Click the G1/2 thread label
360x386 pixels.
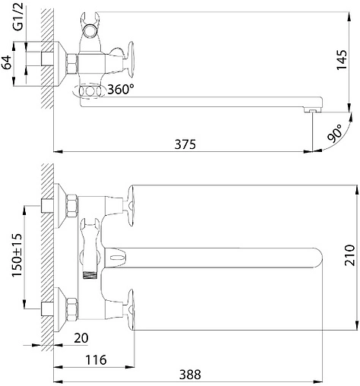[x=19, y=17]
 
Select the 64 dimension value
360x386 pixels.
[x=7, y=62]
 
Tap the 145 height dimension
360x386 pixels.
[x=342, y=60]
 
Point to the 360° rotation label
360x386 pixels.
[x=121, y=89]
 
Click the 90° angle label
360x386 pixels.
[x=334, y=133]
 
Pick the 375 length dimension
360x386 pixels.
[x=185, y=144]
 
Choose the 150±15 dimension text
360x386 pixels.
[x=17, y=255]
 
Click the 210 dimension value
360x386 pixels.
[x=349, y=255]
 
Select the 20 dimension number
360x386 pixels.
[x=81, y=338]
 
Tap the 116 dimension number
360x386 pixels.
[x=96, y=360]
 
